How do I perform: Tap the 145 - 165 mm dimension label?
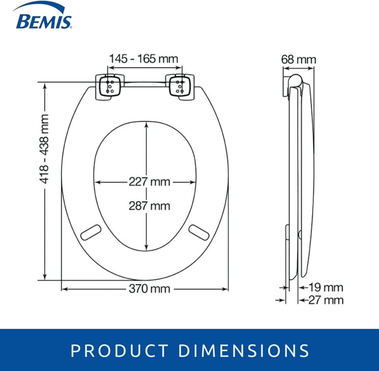click(144, 59)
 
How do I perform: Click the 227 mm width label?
click(149, 182)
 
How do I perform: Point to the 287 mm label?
click(149, 206)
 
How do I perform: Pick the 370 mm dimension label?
click(149, 289)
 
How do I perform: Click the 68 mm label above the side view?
click(299, 60)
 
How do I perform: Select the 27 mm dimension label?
click(326, 300)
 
